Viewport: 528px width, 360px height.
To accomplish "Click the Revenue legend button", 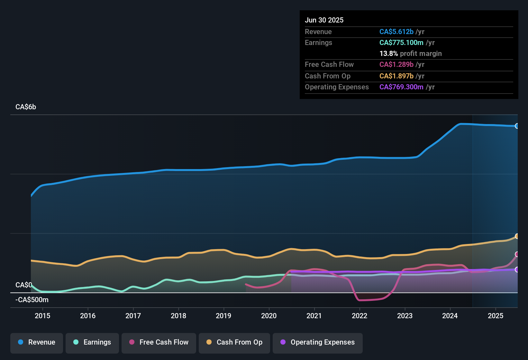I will coord(37,342).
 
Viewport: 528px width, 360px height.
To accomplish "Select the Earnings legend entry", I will coord(92,342).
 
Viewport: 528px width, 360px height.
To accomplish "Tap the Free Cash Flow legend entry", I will coord(159,342).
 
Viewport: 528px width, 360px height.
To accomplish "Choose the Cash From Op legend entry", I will coord(234,342).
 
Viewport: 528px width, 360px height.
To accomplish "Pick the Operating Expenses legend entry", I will coord(318,342).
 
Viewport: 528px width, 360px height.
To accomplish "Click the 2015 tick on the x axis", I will coord(42,316).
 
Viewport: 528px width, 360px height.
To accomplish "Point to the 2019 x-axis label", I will coord(223,316).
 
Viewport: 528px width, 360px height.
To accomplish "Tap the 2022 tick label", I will coord(360,316).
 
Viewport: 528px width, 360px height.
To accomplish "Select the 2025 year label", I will coord(496,316).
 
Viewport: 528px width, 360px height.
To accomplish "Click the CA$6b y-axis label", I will coord(26,107).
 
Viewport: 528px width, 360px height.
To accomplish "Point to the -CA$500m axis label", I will coord(32,300).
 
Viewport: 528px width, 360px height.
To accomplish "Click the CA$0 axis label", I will coord(23,285).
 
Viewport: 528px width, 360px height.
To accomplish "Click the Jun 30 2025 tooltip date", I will coord(324,20).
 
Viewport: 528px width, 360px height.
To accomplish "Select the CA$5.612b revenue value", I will coord(396,32).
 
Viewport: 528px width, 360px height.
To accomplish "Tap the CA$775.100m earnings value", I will coord(401,43).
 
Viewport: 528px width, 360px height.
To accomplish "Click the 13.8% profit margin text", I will coord(410,54).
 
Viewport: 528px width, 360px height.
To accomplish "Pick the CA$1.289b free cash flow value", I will coord(396,65).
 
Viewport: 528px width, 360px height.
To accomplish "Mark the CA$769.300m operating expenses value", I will coord(401,87).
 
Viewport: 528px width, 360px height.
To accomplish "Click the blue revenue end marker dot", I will coord(517,126).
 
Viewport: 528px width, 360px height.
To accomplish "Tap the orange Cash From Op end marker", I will coord(517,236).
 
